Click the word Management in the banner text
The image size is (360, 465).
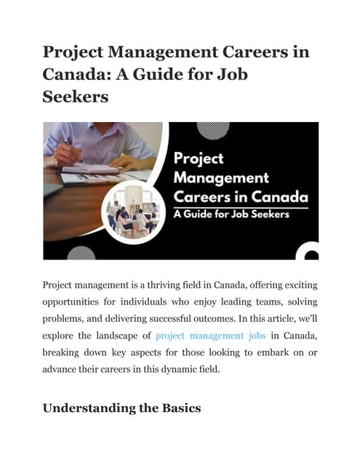click(220, 177)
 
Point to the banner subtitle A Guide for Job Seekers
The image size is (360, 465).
click(231, 214)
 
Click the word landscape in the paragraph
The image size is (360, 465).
click(113, 336)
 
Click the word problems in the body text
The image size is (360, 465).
click(66, 319)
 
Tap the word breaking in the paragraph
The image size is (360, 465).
click(63, 352)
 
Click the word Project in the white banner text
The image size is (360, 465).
click(198, 158)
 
